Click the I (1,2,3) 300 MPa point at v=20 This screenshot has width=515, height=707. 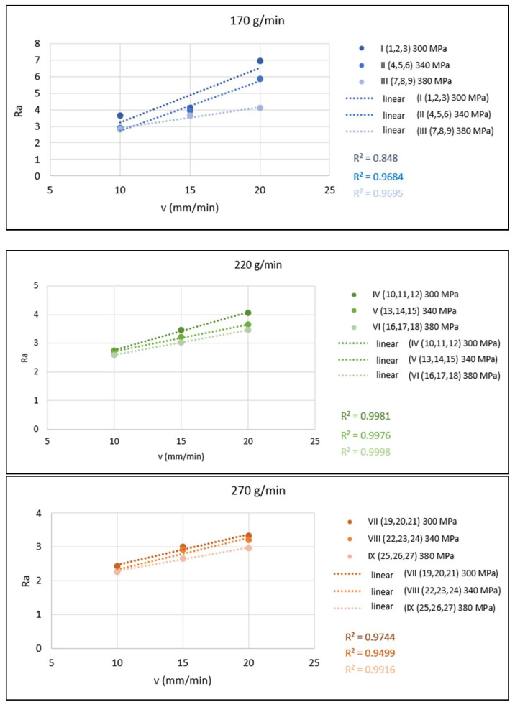coord(260,61)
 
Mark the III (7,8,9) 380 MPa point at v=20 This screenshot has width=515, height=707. coord(260,108)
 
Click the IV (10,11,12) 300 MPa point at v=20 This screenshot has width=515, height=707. coord(248,313)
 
